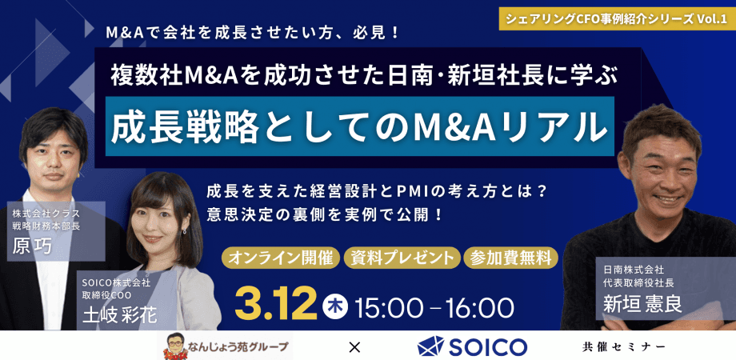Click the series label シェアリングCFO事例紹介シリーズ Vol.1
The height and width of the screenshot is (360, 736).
(x=618, y=17)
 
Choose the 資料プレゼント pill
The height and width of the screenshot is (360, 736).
(x=402, y=258)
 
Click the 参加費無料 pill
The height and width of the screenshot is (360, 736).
(x=510, y=258)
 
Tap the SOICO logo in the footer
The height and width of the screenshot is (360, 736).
(x=473, y=346)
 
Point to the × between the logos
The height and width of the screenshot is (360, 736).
(x=354, y=346)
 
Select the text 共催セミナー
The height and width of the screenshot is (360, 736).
(x=624, y=346)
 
